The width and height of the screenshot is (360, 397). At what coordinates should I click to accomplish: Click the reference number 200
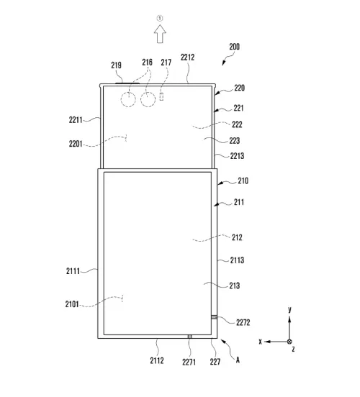click(234, 47)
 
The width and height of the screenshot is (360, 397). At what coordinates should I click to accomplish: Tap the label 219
click(116, 65)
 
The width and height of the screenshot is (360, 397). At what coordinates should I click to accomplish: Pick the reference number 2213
click(239, 155)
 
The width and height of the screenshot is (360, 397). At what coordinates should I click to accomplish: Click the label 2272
click(244, 323)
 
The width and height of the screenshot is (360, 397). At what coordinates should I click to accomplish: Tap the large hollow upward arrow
click(161, 33)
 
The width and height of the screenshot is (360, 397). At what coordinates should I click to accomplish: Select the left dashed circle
click(128, 99)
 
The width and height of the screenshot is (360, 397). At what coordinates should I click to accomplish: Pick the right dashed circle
click(148, 99)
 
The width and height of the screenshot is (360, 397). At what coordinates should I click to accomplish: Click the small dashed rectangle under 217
click(162, 96)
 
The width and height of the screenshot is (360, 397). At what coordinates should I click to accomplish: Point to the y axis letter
click(289, 309)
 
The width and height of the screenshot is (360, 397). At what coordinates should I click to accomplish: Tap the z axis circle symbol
click(289, 342)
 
